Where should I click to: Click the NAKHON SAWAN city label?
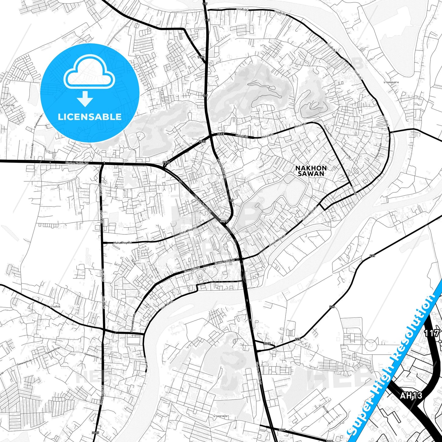tap(311, 171)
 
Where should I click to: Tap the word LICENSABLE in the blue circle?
tap(90, 117)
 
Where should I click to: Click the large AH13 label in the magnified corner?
tap(411, 396)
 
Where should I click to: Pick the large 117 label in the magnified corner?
tap(431, 333)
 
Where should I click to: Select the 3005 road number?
tap(95, 433)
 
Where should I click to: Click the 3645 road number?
tap(267, 344)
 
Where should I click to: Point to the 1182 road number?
tap(201, 57)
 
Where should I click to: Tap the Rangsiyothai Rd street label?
tap(222, 168)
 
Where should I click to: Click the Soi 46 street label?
tap(133, 262)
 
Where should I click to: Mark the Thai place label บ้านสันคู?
tap(55, 306)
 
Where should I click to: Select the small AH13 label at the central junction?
tap(224, 221)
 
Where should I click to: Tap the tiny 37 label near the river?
tap(258, 274)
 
